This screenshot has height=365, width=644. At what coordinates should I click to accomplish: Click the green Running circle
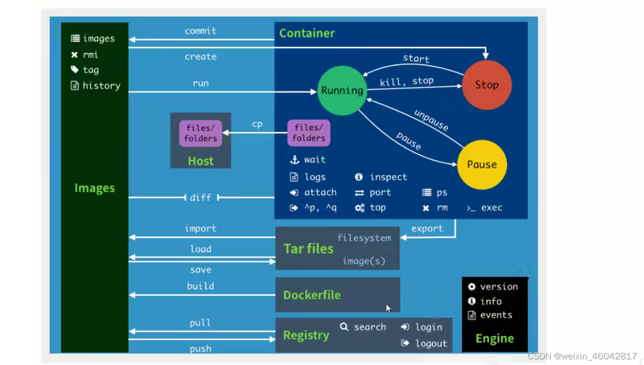342,90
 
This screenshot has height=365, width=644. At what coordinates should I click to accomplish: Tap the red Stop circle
487,85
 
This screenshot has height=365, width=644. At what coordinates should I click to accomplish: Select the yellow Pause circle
482,164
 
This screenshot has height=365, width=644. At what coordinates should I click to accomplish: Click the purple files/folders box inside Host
200,133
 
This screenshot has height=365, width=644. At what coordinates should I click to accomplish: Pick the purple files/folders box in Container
309,133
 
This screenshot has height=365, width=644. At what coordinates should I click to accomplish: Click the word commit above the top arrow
200,31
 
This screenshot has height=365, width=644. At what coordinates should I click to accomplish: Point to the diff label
200,197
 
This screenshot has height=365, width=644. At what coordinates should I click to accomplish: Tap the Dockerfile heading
312,295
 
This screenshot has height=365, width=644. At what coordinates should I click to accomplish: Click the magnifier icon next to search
344,327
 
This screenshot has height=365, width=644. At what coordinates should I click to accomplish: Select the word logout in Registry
431,344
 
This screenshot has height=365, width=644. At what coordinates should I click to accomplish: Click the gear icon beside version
471,287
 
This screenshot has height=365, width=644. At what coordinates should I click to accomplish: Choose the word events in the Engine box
496,315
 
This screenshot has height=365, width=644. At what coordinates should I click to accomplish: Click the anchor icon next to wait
295,160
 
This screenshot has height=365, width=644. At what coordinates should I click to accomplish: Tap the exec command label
492,208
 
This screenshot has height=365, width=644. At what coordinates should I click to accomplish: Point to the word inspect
388,177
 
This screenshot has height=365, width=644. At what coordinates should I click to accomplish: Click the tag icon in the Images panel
75,70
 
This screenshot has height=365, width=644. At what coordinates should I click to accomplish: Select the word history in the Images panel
101,86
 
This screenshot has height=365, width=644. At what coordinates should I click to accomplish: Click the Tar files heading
308,249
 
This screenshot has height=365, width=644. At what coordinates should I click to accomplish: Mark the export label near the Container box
427,229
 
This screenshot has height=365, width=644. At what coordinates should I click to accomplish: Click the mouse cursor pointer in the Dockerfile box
388,308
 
